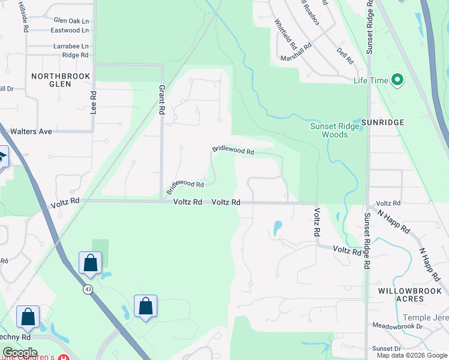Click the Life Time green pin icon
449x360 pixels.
click(x=397, y=80)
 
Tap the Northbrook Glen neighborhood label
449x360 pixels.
click(x=61, y=80)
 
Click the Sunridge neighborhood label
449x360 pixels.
click(x=383, y=122)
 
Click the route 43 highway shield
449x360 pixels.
click(x=88, y=289)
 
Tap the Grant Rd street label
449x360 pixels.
click(x=161, y=100)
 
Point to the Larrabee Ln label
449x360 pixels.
click(x=71, y=46)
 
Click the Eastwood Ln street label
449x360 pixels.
click(x=70, y=30)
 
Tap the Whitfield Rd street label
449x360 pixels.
click(x=286, y=34)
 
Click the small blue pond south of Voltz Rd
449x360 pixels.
click(x=277, y=228)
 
